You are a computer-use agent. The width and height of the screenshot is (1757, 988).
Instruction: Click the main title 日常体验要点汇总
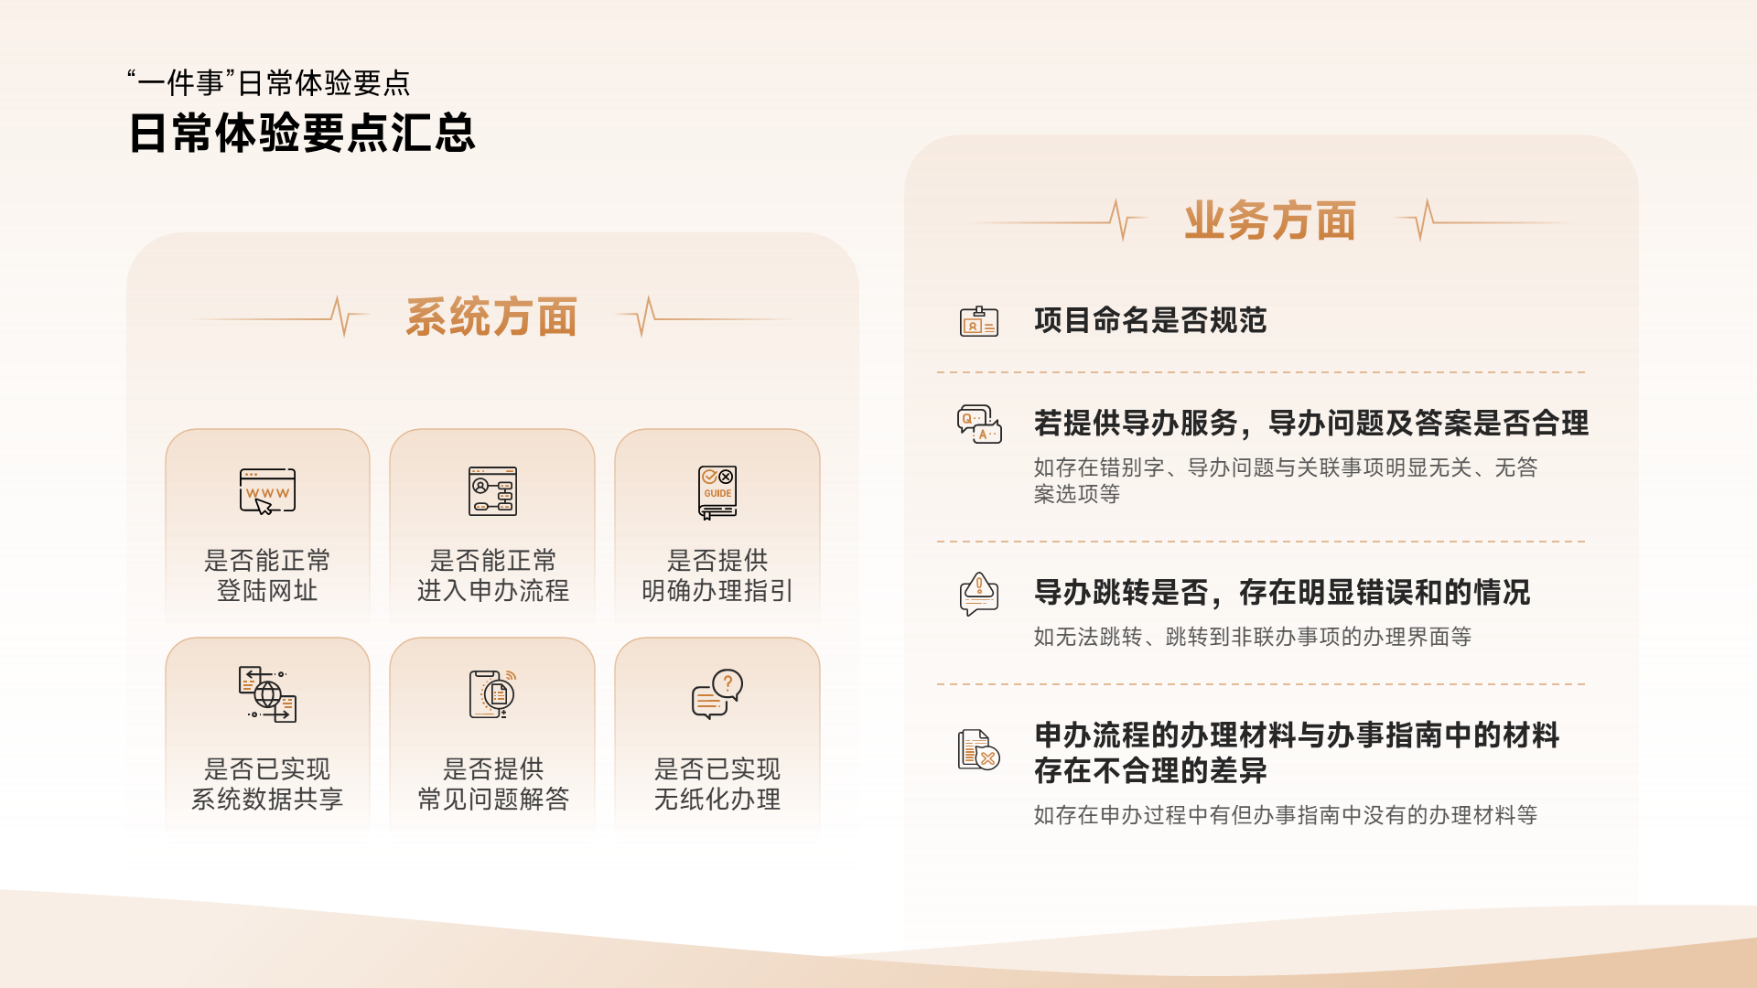[302, 134]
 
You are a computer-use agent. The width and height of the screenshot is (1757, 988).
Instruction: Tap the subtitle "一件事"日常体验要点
[269, 83]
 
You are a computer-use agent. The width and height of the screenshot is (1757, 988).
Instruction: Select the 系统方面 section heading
[491, 317]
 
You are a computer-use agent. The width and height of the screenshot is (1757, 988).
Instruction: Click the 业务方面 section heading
[1270, 220]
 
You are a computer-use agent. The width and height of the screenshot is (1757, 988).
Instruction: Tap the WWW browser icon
[267, 492]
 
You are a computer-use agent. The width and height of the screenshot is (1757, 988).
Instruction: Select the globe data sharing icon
[267, 694]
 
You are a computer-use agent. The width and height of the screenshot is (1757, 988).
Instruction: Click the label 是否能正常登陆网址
[267, 575]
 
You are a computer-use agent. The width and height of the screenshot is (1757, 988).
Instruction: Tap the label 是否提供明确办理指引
[717, 575]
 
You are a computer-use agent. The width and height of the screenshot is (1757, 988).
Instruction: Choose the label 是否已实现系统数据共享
[267, 784]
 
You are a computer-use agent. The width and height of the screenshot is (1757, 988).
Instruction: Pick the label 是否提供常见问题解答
[493, 784]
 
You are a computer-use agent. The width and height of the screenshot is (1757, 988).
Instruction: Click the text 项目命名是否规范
[1150, 320]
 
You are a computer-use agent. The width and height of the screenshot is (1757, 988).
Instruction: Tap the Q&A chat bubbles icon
[979, 424]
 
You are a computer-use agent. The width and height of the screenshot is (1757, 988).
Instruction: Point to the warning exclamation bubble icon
[979, 594]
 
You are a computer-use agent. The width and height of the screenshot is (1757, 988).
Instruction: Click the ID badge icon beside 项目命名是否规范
[979, 321]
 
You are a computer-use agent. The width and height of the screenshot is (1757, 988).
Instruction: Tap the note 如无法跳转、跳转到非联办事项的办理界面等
[1253, 637]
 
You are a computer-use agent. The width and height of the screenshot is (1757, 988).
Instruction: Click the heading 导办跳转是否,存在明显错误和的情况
[1282, 593]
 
